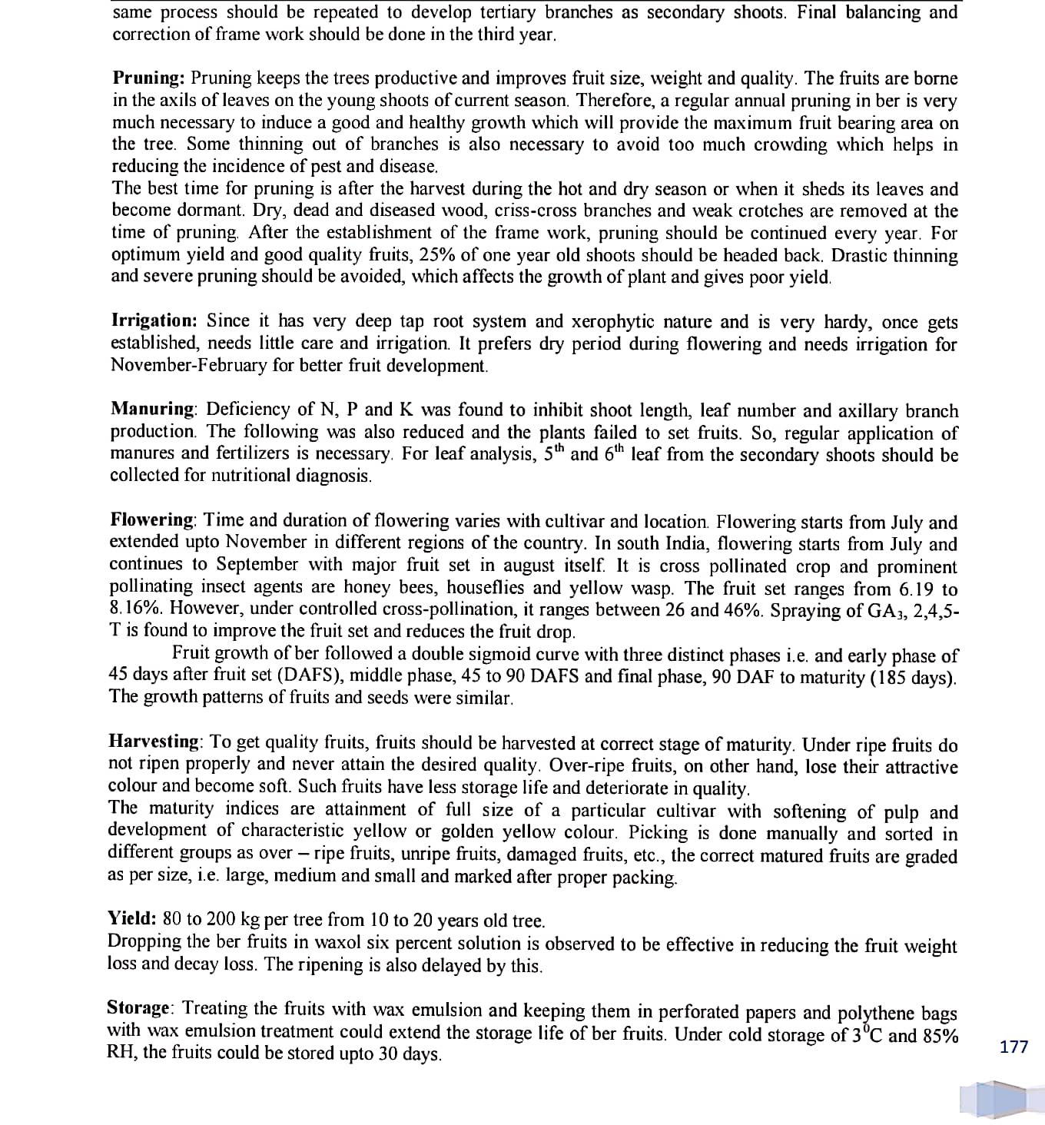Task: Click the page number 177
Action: point(1014,1046)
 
